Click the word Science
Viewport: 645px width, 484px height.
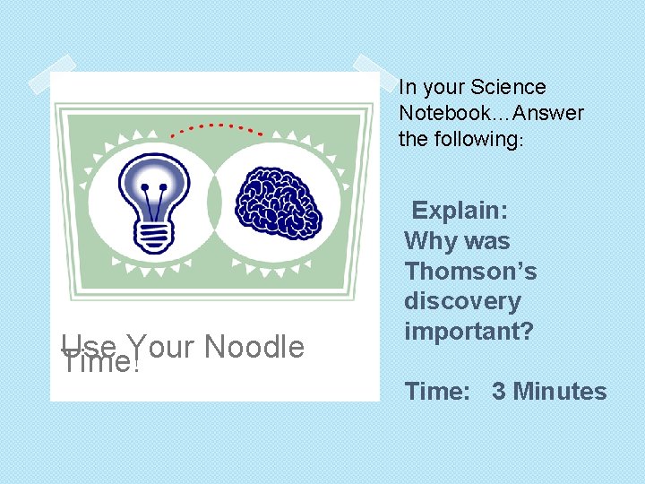(509, 87)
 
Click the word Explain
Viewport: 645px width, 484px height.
(460, 211)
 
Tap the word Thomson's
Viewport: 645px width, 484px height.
(470, 271)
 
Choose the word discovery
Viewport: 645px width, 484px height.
(462, 301)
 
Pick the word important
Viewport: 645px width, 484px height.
(469, 332)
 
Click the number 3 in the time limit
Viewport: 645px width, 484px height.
(498, 392)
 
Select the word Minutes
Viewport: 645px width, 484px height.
(559, 392)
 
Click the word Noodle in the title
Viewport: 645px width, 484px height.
(254, 347)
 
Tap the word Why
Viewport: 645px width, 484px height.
(429, 241)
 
